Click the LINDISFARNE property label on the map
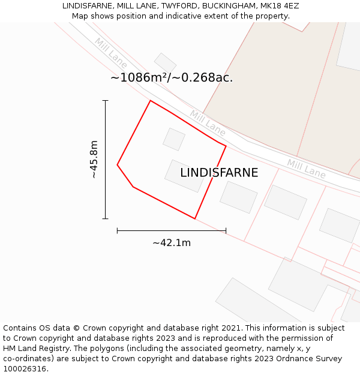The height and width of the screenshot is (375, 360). pyautogui.click(x=219, y=173)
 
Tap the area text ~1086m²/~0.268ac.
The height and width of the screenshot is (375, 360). pyautogui.click(x=172, y=77)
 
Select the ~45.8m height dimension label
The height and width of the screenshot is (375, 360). pyautogui.click(x=94, y=160)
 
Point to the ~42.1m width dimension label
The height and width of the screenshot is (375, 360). pyautogui.click(x=172, y=242)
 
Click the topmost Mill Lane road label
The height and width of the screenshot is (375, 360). pyautogui.click(x=110, y=50)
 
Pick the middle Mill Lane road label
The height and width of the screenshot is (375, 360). pyautogui.click(x=208, y=123)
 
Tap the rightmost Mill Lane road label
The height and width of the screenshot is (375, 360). pyautogui.click(x=306, y=169)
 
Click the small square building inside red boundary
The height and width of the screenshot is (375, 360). pyautogui.click(x=174, y=139)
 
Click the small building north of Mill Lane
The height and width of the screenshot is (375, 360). pyautogui.click(x=165, y=62)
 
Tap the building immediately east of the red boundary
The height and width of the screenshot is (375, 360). pyautogui.click(x=238, y=197)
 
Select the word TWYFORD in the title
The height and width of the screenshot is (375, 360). pyautogui.click(x=178, y=6)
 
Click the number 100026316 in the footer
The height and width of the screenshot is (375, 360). pyautogui.click(x=26, y=369)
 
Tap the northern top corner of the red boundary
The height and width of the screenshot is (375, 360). pyautogui.click(x=150, y=100)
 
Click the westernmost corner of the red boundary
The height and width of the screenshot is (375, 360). pyautogui.click(x=117, y=164)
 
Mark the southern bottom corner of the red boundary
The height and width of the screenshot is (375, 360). pyautogui.click(x=195, y=218)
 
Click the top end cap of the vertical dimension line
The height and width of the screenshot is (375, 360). pyautogui.click(x=106, y=100)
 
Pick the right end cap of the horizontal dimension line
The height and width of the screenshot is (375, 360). pyautogui.click(x=226, y=230)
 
